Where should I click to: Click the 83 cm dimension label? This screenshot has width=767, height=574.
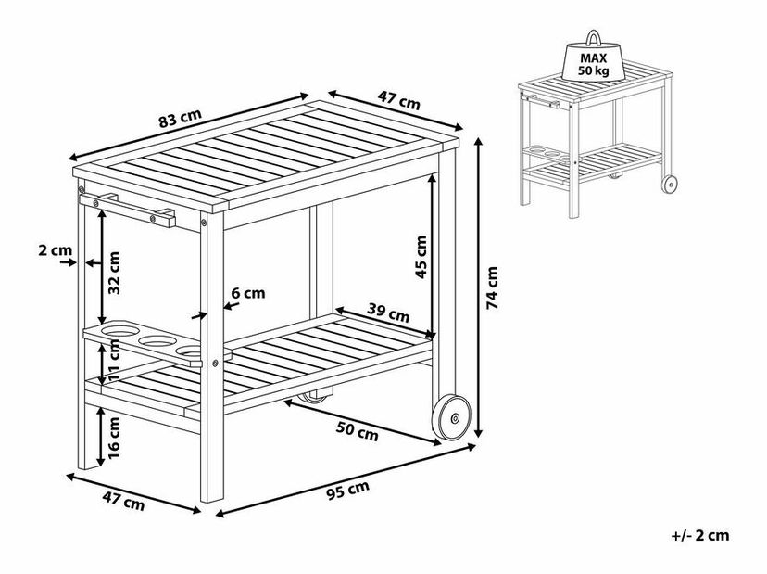point(180,119)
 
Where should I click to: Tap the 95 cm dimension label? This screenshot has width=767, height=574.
point(347,490)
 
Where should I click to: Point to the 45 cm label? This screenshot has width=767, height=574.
point(421,257)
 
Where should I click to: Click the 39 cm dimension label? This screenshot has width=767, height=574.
point(388,313)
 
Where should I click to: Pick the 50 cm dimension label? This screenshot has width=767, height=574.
point(357,431)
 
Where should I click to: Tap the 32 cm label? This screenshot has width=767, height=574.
point(114,273)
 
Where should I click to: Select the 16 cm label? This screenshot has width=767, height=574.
point(114,438)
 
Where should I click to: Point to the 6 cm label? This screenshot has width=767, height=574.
point(248,293)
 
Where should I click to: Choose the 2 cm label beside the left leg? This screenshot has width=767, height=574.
point(56,250)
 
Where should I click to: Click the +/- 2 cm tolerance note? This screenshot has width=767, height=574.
point(700,535)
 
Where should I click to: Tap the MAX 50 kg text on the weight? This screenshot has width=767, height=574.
point(594,64)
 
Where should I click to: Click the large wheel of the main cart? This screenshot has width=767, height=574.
point(451,417)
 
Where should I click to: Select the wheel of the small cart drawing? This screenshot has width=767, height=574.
point(670,185)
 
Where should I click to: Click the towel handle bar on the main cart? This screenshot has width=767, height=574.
point(127,210)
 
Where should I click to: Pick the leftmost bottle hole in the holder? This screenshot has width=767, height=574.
point(120,330)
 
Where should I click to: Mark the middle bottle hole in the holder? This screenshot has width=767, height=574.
point(157,340)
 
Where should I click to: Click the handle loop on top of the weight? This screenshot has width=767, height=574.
point(594,38)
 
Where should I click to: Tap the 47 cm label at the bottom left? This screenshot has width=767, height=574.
point(123,501)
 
